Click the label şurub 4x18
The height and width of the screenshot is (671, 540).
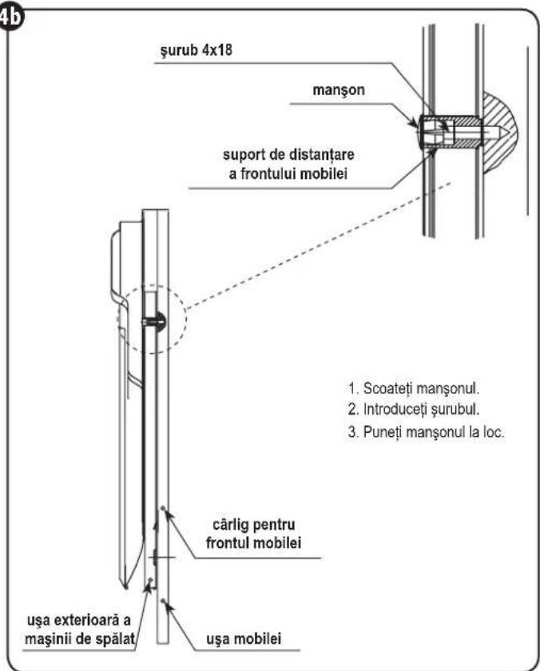196,50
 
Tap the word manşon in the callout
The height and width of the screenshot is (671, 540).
339,89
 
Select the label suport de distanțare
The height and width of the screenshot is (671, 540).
288,154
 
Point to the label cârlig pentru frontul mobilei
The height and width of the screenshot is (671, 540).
254,534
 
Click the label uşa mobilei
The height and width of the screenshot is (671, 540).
244,639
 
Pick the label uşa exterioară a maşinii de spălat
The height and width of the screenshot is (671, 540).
80,629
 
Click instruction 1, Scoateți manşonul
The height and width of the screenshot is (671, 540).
413,388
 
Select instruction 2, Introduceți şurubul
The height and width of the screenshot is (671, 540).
413,410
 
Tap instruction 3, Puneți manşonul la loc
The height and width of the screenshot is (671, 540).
427,432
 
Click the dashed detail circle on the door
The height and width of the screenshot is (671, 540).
185,319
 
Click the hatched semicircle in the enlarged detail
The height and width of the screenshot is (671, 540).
500,132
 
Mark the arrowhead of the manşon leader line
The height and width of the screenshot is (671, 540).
415,124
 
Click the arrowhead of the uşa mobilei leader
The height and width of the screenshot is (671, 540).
165,603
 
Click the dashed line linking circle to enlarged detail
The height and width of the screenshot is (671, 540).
319,246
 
